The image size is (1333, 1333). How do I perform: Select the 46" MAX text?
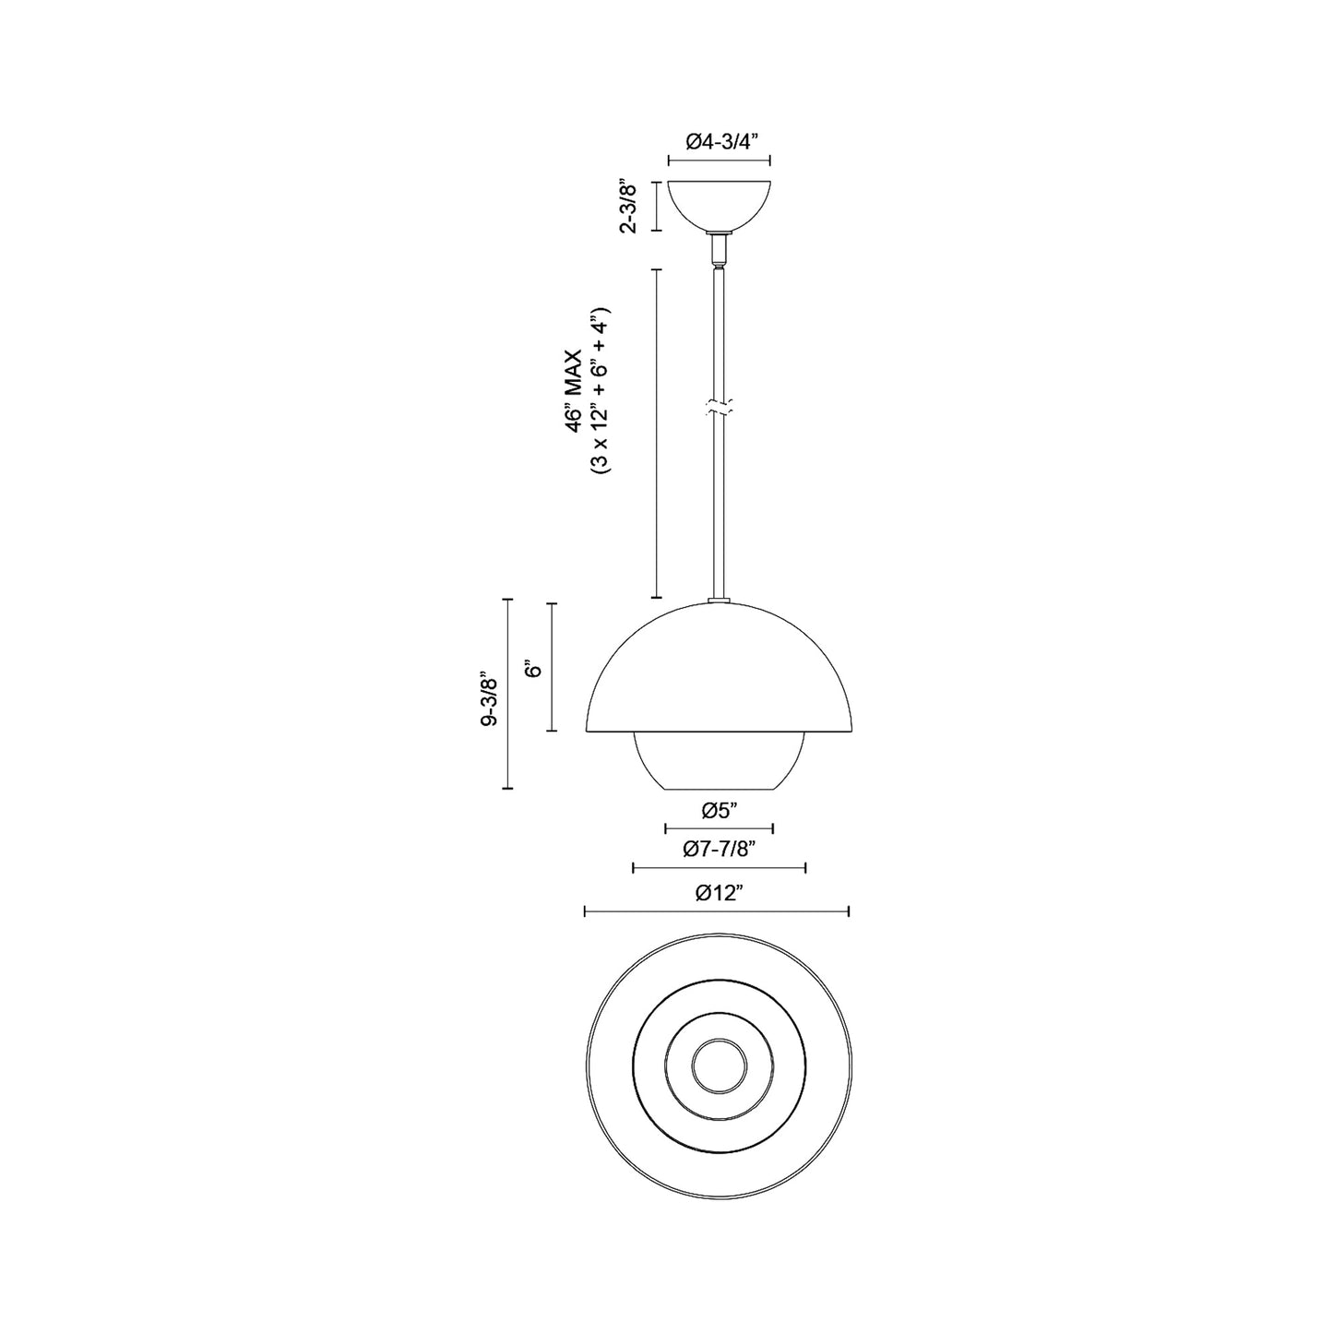pyautogui.click(x=574, y=391)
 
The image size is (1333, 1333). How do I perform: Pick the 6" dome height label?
pyautogui.click(x=531, y=670)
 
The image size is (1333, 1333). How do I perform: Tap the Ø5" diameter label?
pyautogui.click(x=720, y=811)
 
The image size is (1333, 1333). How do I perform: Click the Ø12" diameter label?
pyautogui.click(x=719, y=893)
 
